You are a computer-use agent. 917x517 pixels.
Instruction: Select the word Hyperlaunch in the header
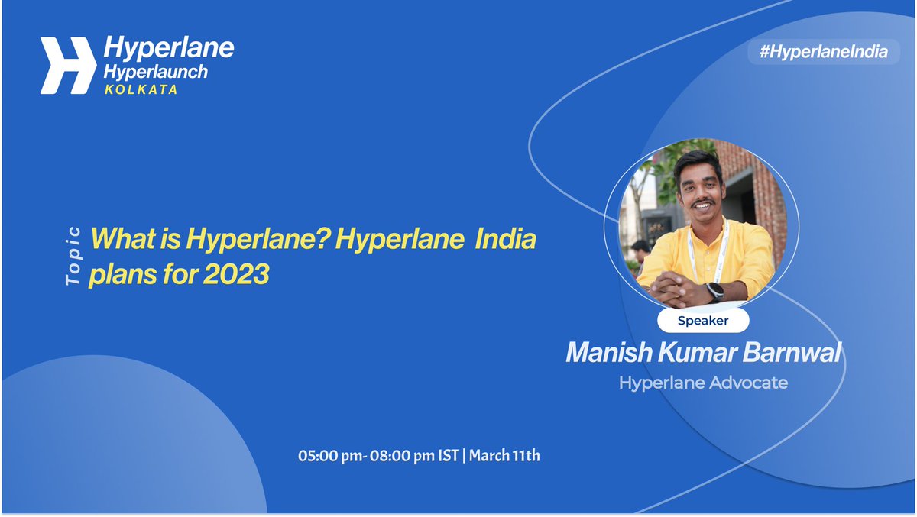point(155,72)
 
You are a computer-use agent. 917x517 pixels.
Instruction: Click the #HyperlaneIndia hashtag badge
point(823,52)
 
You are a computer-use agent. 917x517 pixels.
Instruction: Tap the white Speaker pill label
point(703,321)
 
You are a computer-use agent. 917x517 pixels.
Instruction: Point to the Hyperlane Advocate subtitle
point(703,383)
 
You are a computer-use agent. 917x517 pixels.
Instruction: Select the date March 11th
point(504,457)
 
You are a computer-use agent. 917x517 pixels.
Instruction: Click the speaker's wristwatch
point(714,292)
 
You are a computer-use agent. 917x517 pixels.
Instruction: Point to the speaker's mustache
point(702,203)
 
